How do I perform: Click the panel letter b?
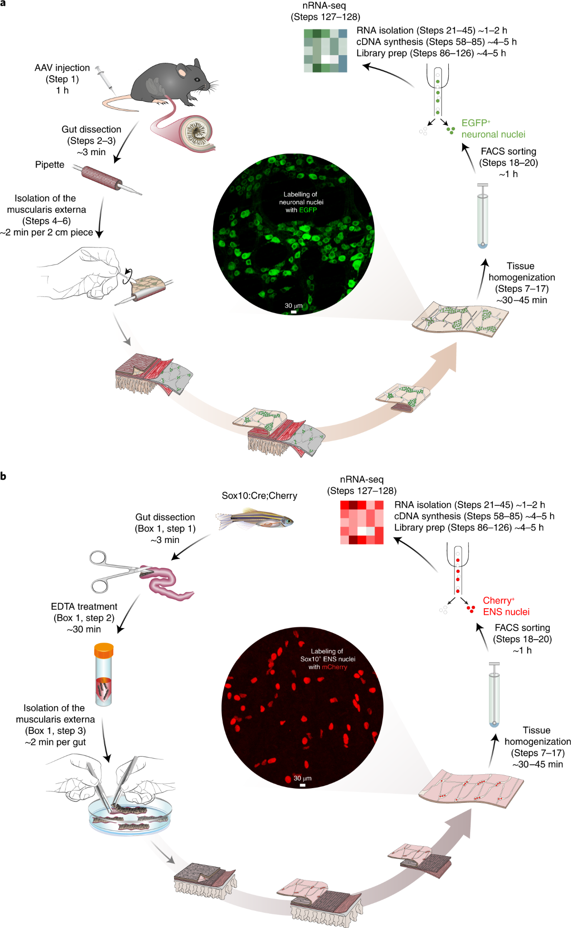pyautogui.click(x=3, y=476)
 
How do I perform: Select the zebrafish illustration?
pyautogui.click(x=255, y=520)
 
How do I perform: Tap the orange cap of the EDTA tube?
pyautogui.click(x=104, y=650)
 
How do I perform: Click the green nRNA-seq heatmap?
pyautogui.click(x=325, y=50)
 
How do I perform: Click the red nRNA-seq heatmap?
pyautogui.click(x=362, y=522)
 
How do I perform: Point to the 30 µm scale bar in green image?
pyautogui.click(x=294, y=312)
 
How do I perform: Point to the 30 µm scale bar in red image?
pyautogui.click(x=303, y=785)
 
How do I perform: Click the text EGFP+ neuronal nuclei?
pyautogui.click(x=492, y=128)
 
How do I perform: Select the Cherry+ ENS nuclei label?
pyautogui.click(x=505, y=606)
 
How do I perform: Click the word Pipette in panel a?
pyautogui.click(x=49, y=165)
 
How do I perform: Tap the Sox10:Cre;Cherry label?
pyautogui.click(x=259, y=496)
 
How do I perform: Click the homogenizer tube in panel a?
pyautogui.click(x=482, y=217)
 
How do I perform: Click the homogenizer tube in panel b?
pyautogui.click(x=494, y=695)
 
